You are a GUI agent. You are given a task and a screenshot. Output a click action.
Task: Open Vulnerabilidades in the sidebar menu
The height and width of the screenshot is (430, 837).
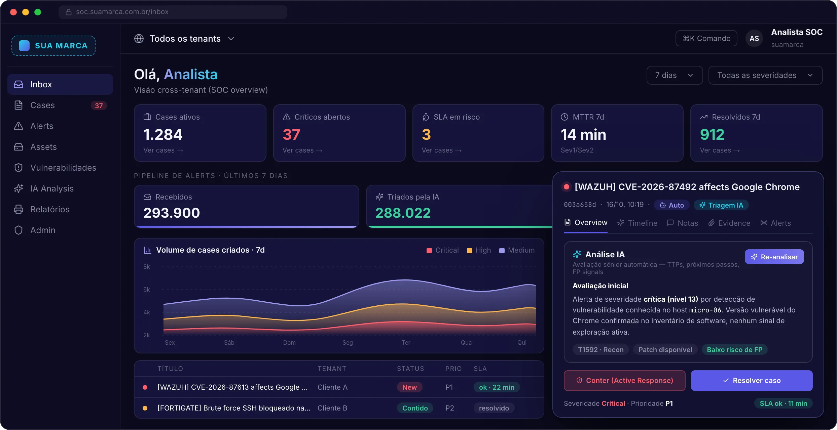[55, 168]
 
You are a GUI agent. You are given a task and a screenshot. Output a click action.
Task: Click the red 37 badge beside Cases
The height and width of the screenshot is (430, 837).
[99, 105]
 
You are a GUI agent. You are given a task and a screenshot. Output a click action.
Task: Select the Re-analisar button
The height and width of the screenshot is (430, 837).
[774, 257]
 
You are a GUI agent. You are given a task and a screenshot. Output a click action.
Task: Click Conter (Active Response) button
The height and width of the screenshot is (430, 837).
[625, 380]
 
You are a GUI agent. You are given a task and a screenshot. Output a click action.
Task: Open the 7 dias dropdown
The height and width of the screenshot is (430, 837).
[675, 75]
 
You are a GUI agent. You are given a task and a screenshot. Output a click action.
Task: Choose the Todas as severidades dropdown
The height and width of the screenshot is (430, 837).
[765, 75]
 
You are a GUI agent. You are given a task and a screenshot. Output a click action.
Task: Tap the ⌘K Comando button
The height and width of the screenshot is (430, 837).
[706, 38]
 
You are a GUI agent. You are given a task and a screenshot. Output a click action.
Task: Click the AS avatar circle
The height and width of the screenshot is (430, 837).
[754, 38]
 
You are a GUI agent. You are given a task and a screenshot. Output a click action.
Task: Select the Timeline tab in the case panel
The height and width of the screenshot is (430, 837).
[637, 223]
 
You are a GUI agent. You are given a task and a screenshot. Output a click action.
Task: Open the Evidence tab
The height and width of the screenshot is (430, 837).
[729, 223]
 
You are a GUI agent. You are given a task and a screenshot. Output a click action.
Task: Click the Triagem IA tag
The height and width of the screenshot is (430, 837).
[721, 205]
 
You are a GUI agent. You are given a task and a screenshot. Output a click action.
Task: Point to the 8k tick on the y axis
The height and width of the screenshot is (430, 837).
[147, 267]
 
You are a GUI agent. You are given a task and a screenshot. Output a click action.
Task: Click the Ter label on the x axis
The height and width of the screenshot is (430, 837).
[406, 343]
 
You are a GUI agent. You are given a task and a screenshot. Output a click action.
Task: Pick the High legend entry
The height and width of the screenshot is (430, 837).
[479, 250]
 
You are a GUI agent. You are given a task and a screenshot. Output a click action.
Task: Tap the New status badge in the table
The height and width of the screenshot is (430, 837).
[409, 387]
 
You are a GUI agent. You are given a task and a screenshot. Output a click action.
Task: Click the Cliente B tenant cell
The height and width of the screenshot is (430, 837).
[332, 408]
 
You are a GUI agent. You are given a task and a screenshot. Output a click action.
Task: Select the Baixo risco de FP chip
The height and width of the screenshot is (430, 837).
[735, 350]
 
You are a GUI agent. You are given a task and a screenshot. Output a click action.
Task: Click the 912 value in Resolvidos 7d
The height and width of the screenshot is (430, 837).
[712, 135]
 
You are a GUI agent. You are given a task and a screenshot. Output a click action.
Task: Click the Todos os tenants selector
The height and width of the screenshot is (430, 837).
[184, 39]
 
